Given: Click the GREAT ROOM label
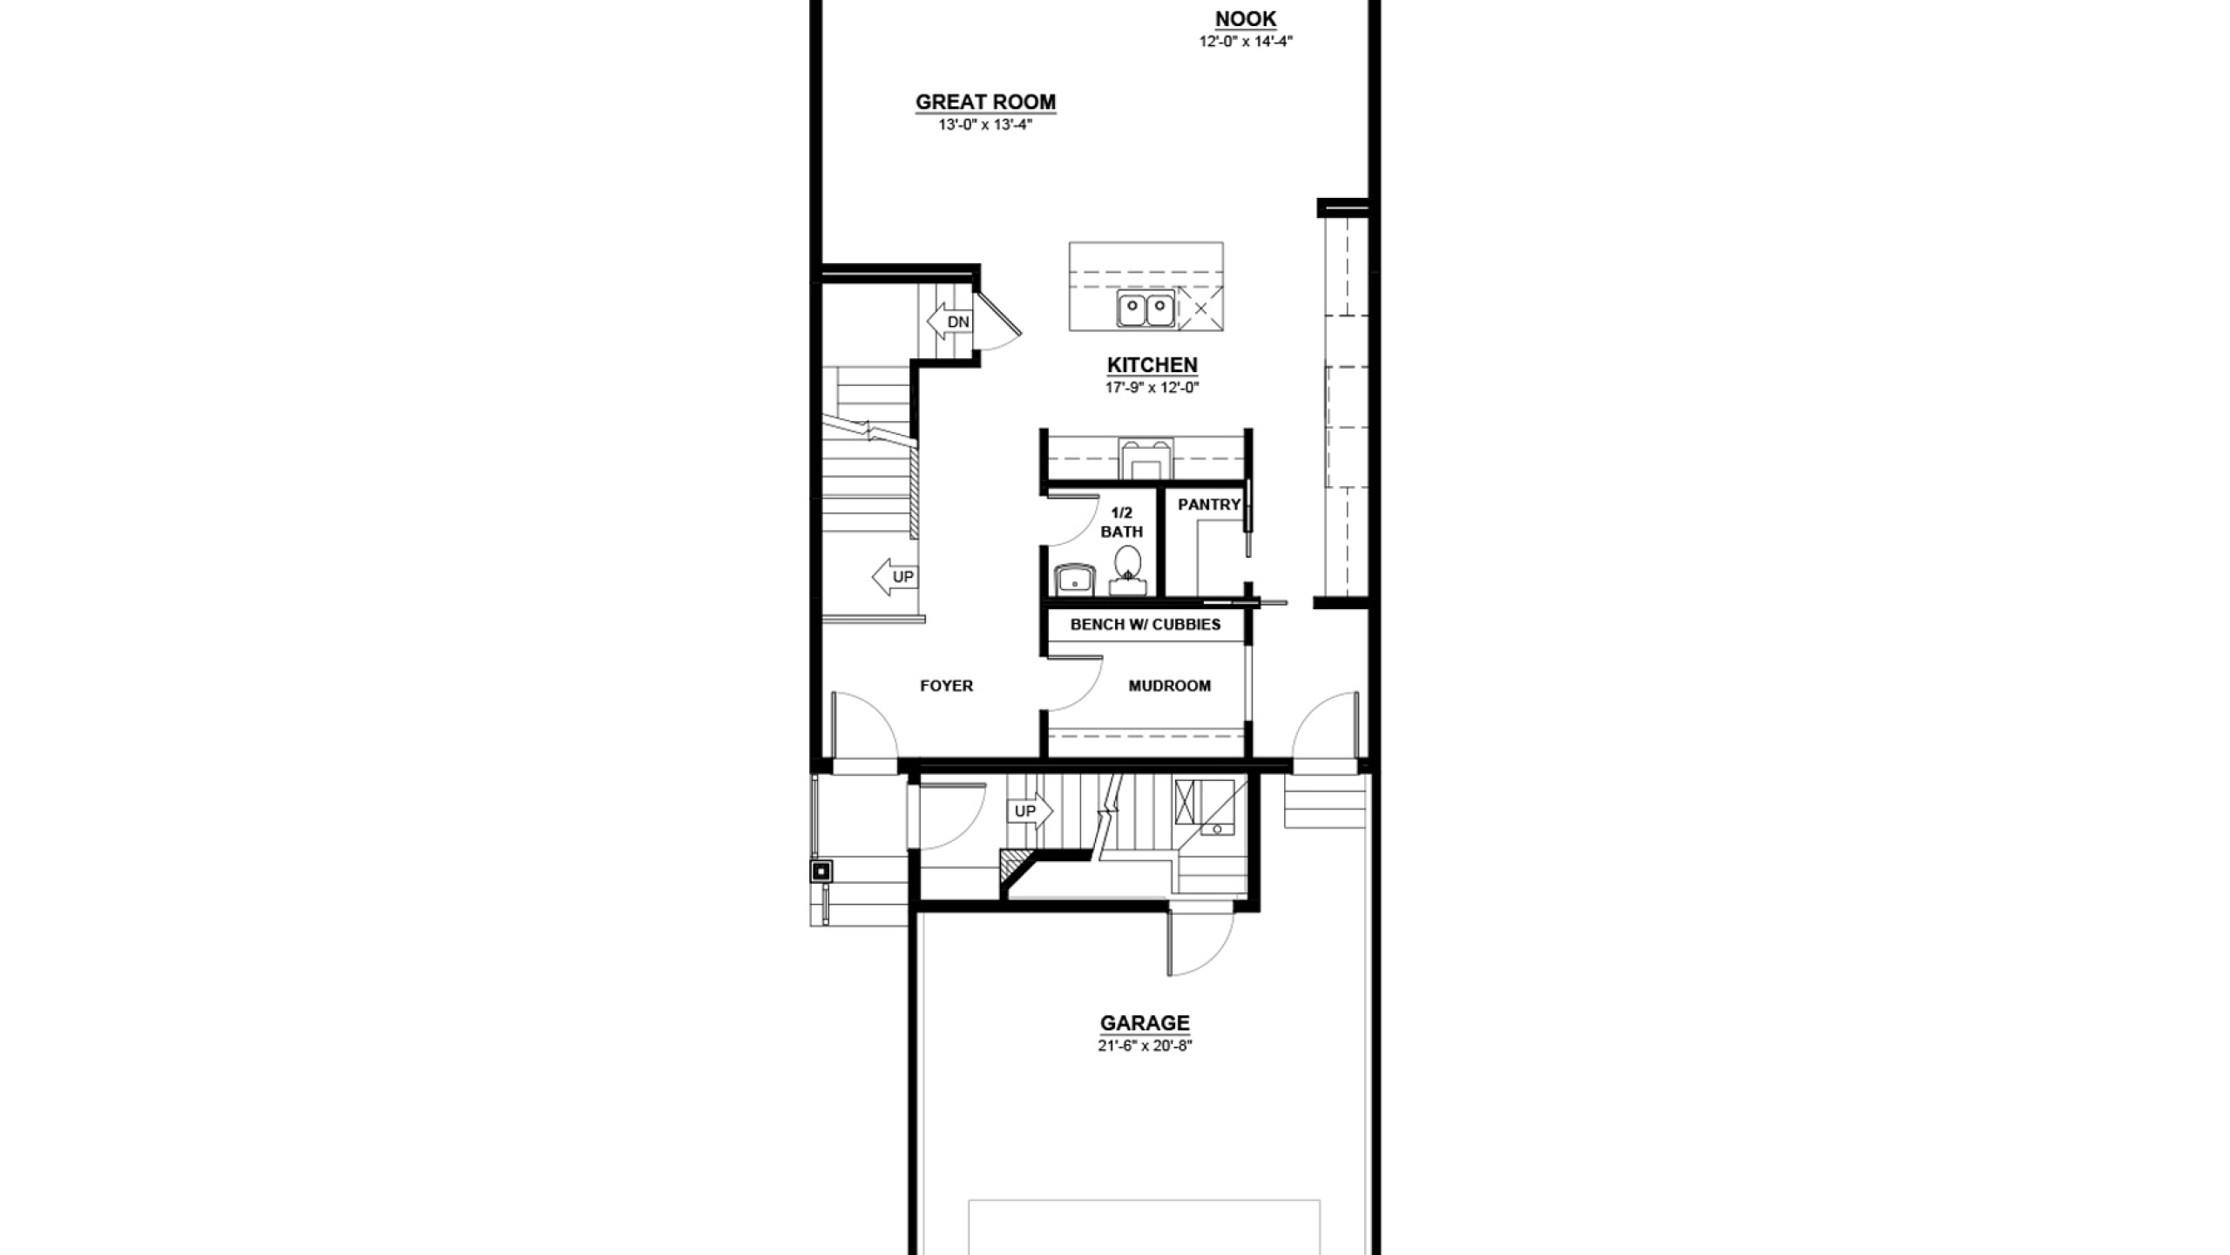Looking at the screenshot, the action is (x=985, y=102).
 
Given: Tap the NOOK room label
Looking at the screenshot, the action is (x=1246, y=19).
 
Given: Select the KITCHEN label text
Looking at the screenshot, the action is (x=1152, y=365).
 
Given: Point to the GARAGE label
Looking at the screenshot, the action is (x=1145, y=1023).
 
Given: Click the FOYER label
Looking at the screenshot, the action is (x=947, y=686).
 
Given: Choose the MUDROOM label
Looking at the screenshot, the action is (x=1170, y=686).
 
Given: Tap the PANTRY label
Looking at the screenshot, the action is (x=1209, y=505).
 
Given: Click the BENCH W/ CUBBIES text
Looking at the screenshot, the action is (x=1145, y=624).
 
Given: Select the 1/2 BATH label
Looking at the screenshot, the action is (x=1122, y=522).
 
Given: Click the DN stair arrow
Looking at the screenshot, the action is (x=949, y=322).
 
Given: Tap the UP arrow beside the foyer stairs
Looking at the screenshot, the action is (x=895, y=577).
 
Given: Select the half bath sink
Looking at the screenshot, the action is (x=1074, y=580).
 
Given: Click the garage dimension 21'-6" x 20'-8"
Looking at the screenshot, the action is (x=1145, y=1046).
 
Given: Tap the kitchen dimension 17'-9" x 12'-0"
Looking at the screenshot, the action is (x=1152, y=388).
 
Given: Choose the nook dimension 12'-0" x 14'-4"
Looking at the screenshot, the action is (x=1246, y=41).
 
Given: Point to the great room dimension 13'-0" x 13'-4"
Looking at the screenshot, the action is (x=985, y=125).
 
